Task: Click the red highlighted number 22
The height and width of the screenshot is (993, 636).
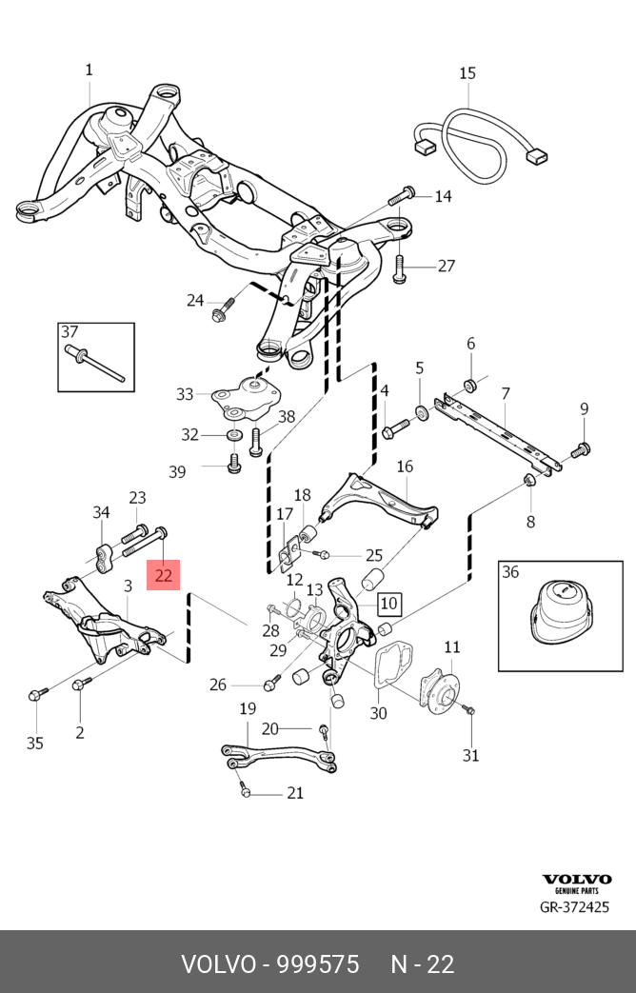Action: (x=164, y=575)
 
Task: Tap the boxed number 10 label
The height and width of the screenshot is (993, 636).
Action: (x=388, y=603)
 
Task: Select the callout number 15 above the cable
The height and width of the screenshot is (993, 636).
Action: (x=467, y=73)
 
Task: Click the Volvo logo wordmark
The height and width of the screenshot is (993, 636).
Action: (x=576, y=880)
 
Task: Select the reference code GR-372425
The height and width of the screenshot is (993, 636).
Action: (x=575, y=906)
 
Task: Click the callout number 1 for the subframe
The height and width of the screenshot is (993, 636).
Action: (x=89, y=70)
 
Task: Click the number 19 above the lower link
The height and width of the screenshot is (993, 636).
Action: (x=248, y=708)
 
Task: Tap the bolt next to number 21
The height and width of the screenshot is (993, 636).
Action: (x=247, y=791)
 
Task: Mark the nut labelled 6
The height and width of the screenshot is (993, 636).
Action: (x=469, y=385)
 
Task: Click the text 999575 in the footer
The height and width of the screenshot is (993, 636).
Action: (x=318, y=964)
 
